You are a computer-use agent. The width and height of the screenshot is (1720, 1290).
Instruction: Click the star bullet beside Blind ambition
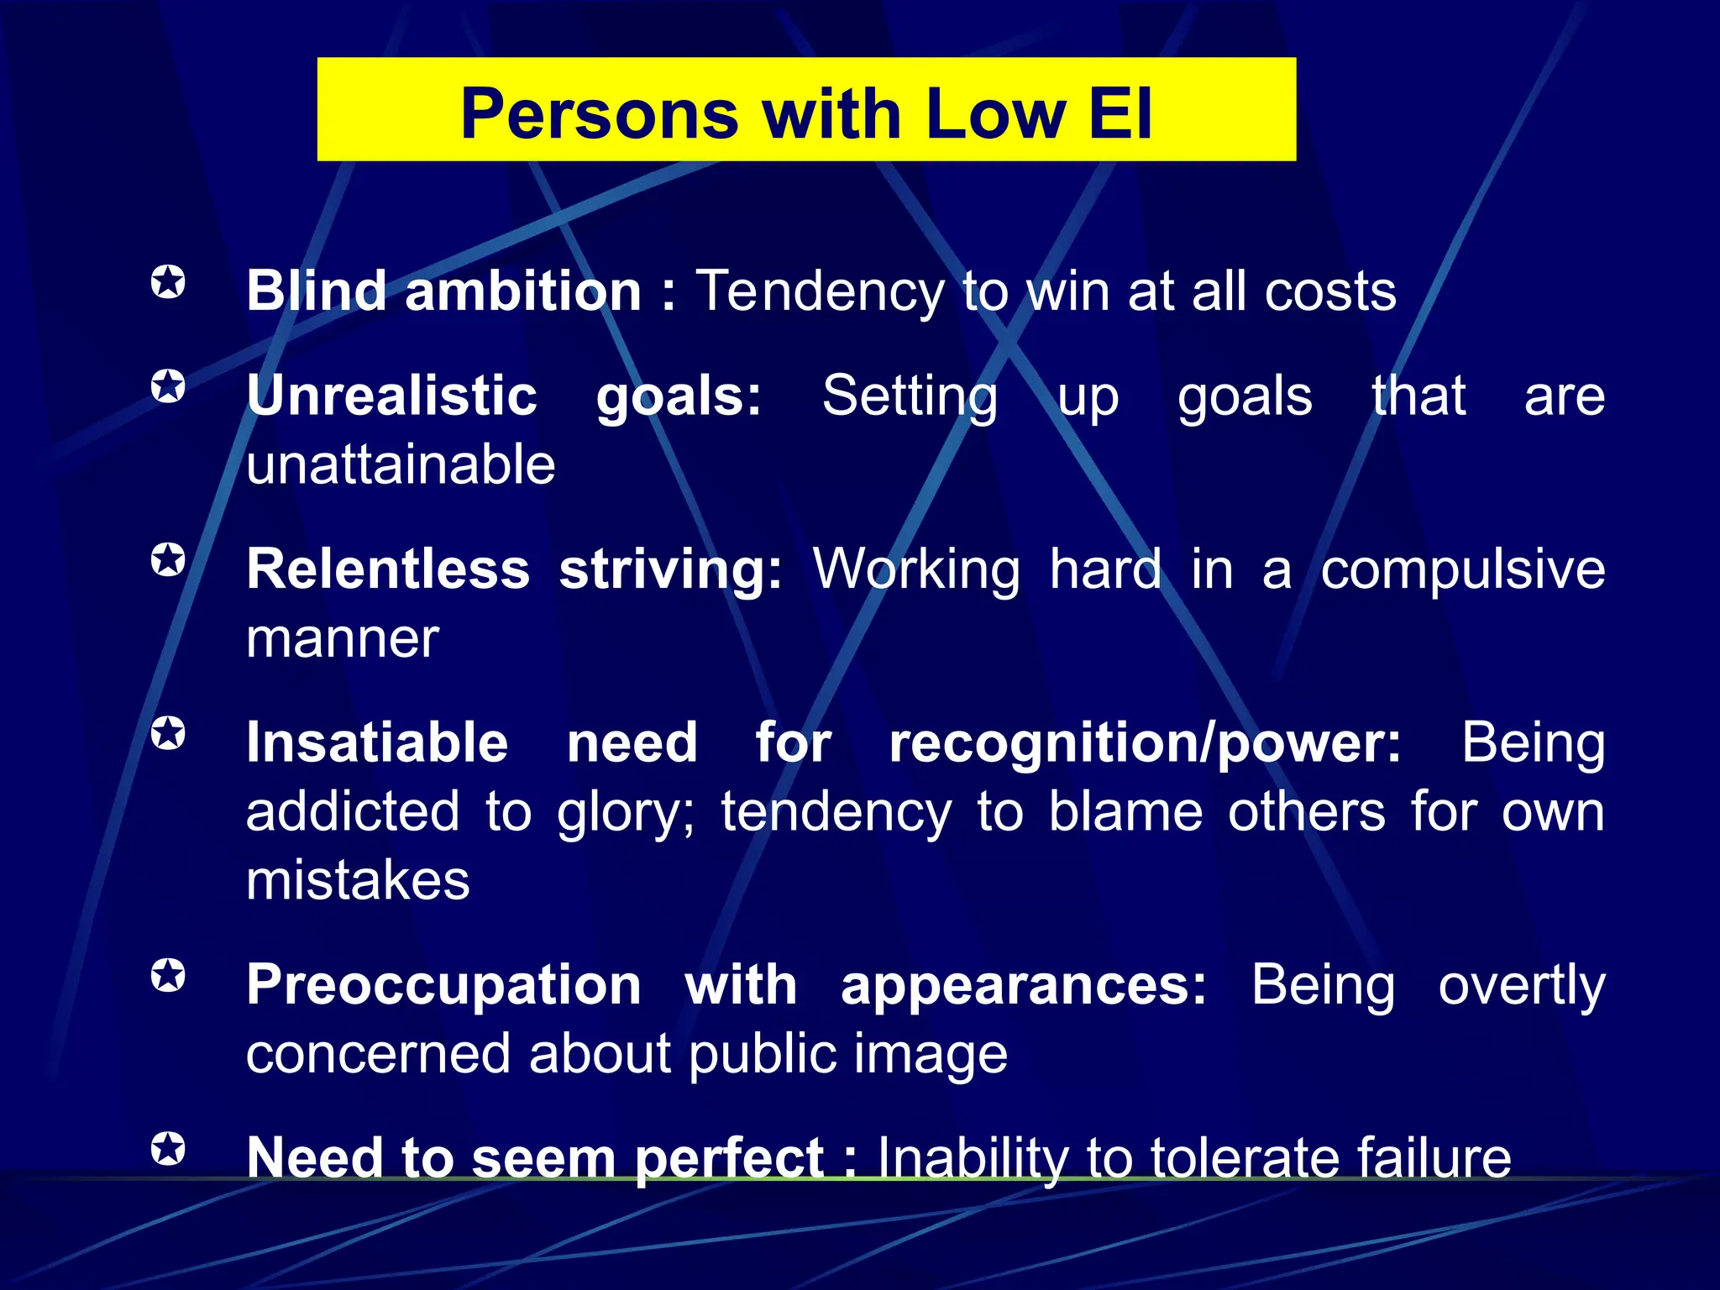[x=168, y=282]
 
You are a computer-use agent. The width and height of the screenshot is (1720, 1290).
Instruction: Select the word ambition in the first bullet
[x=523, y=291]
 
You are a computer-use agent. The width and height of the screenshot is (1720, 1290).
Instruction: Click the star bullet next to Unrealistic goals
[x=168, y=387]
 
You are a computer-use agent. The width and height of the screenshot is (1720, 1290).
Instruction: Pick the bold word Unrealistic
[x=391, y=396]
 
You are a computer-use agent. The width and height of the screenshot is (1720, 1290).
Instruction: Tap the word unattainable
[x=401, y=464]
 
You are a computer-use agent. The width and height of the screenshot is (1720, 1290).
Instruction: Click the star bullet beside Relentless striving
[x=168, y=560]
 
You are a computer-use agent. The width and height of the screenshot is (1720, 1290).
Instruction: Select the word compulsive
[x=1462, y=569]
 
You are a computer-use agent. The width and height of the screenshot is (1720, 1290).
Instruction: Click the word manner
[x=342, y=638]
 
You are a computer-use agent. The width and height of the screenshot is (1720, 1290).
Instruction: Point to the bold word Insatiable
[x=377, y=742]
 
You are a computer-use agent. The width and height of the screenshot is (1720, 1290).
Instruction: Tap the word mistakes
[x=358, y=881]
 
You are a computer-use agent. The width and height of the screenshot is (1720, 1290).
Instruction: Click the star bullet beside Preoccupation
[x=168, y=976]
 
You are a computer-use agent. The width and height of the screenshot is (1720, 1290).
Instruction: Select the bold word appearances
[x=1023, y=984]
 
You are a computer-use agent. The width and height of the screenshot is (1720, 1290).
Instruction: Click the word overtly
[x=1521, y=984]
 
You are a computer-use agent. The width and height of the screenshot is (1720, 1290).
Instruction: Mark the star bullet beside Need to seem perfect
[x=168, y=1149]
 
